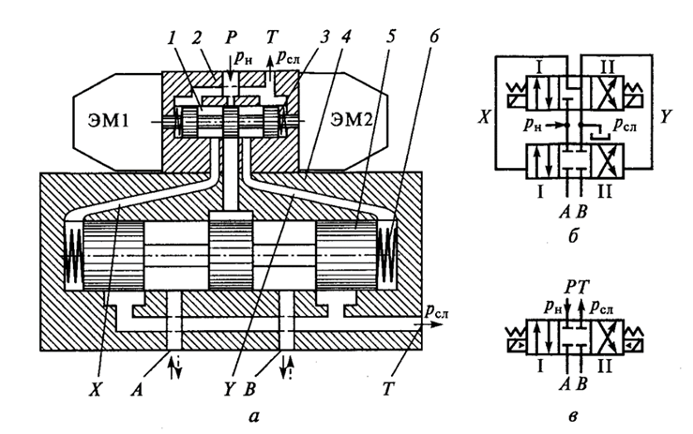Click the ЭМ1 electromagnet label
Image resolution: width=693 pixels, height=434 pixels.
pyautogui.click(x=108, y=120)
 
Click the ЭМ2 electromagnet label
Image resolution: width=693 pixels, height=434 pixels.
pyautogui.click(x=352, y=119)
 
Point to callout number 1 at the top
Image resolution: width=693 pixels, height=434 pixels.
pyautogui.click(x=172, y=38)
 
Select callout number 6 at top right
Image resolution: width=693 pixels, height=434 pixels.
pyautogui.click(x=434, y=37)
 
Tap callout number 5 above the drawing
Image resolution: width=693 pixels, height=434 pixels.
pyautogui.click(x=390, y=37)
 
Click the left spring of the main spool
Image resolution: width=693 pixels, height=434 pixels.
pyautogui.click(x=74, y=255)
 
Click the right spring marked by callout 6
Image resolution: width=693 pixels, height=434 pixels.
pyautogui.click(x=389, y=248)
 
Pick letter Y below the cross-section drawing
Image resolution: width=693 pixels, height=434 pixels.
pyautogui.click(x=229, y=389)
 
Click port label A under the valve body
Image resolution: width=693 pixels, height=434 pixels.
pyautogui.click(x=137, y=389)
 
